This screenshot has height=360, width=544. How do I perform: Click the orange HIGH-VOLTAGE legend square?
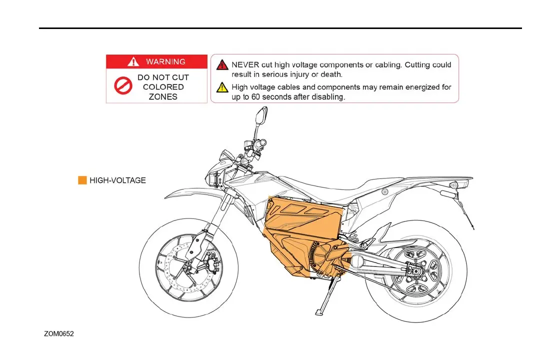[82, 180]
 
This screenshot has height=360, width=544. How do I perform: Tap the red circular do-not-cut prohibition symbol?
[122, 87]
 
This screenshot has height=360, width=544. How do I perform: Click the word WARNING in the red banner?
[165, 61]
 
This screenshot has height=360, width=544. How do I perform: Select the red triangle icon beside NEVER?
[222, 65]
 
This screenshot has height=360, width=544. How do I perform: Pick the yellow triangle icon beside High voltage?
[222, 88]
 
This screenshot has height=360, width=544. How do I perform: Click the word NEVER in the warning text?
[245, 65]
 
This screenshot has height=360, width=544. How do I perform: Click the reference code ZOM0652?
[59, 333]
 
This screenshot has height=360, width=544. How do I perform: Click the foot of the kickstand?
[318, 312]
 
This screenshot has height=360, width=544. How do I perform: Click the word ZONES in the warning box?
[163, 96]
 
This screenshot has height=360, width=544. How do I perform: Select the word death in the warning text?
[331, 74]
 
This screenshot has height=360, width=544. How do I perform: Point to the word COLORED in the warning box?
[163, 87]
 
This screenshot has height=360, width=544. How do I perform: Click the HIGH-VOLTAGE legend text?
[117, 180]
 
